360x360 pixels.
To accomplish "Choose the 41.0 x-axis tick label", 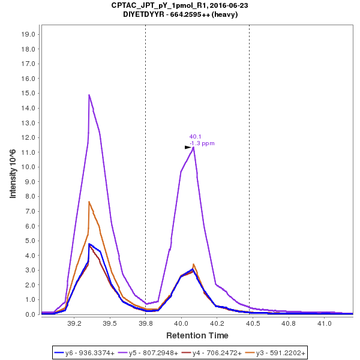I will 325,323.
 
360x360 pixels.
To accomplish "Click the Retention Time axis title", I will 197,335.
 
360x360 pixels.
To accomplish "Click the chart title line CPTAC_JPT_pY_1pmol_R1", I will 180,5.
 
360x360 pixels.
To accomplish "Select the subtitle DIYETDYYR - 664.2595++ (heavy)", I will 180,14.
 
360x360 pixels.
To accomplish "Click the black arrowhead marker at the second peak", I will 188,147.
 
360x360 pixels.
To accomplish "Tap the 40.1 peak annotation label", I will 196,136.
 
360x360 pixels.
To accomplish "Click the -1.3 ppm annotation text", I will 202,143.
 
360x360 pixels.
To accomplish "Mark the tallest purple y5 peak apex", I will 89,95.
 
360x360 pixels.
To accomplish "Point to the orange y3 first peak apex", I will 89,202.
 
